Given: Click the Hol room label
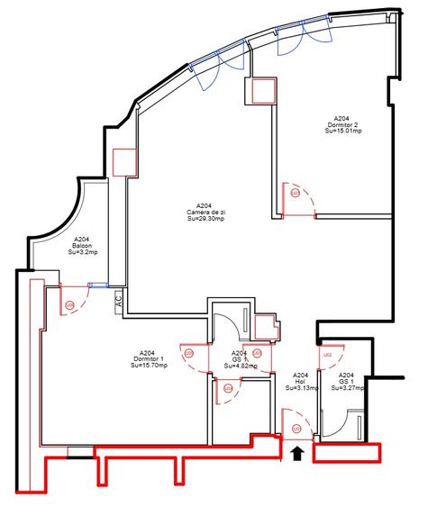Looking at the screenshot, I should (301, 382).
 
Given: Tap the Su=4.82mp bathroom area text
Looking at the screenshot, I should (240, 367).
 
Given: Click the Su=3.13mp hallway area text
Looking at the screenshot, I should (301, 388).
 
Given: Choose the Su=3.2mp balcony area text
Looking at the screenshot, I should (82, 253).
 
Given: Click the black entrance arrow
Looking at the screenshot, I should (298, 456).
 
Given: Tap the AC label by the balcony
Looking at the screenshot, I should (118, 303).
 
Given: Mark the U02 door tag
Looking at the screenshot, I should (329, 356).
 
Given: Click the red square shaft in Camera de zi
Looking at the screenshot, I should (124, 161).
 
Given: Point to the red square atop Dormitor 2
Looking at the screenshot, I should (262, 91).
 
